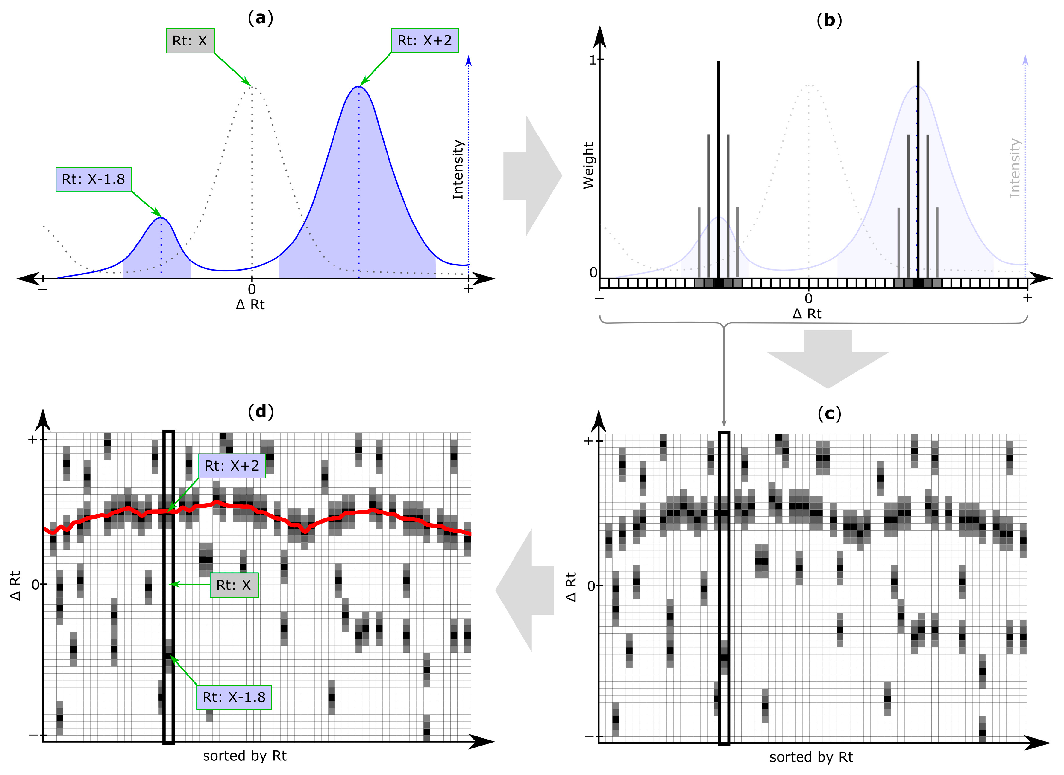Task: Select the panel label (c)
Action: pos(829,414)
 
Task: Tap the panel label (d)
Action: pos(261,411)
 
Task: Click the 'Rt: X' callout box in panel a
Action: pos(190,41)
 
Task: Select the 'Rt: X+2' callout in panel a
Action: pos(424,40)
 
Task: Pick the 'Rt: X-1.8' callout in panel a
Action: pos(93,179)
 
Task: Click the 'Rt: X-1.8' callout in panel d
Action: pos(234,697)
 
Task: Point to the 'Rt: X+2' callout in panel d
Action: pos(232,466)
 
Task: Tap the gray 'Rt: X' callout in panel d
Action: pos(234,585)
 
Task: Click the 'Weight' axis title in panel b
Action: pos(588,166)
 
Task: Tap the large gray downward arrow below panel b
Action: pos(828,359)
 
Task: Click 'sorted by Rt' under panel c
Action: pos(811,757)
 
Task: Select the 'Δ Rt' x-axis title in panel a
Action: pos(250,305)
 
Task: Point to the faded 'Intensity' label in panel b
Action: pos(1015,168)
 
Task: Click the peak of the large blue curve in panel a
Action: pos(359,87)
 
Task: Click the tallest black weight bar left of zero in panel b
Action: pos(718,169)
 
